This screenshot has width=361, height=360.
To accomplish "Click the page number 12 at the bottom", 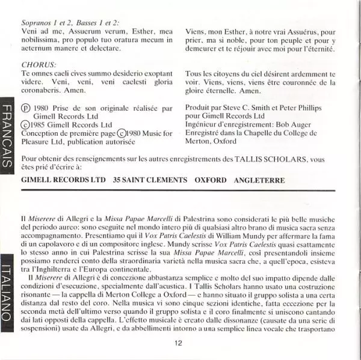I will point(178,343).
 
